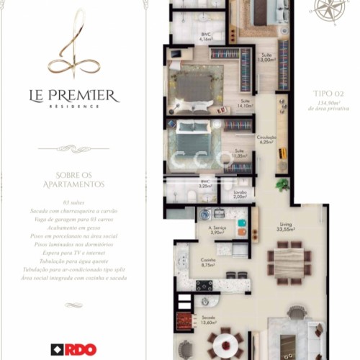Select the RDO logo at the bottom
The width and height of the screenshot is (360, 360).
pos(73,350)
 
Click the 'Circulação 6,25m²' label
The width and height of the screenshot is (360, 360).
pos(267,139)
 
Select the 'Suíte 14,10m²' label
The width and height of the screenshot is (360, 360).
pos(245,103)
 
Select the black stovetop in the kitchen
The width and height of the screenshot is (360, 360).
pos(204,285)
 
